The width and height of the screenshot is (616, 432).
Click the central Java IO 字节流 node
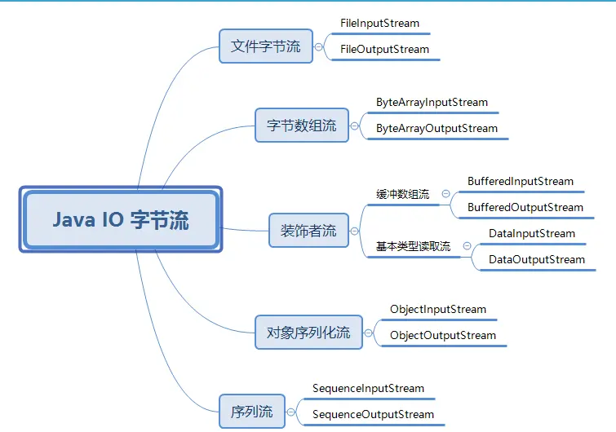(121, 220)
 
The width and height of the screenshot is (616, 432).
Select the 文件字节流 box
(265, 46)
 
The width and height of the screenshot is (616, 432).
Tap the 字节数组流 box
(301, 126)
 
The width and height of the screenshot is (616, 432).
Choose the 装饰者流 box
(308, 231)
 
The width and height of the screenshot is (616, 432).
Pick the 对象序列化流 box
(308, 332)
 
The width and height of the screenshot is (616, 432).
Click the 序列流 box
(252, 412)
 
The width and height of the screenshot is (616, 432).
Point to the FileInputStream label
(379, 23)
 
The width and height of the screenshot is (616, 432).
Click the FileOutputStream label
(384, 49)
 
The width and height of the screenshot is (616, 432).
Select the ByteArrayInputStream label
(432, 102)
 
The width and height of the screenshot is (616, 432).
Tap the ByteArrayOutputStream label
(437, 128)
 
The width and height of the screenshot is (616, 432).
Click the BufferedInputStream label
(521, 181)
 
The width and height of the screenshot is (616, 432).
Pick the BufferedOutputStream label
(525, 207)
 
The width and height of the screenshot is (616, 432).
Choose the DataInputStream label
(532, 233)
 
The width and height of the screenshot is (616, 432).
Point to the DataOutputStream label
(537, 259)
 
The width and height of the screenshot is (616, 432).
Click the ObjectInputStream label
(438, 309)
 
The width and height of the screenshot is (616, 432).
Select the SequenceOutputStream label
(374, 414)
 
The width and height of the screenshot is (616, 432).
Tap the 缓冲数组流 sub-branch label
(403, 194)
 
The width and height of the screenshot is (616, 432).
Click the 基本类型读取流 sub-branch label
(413, 246)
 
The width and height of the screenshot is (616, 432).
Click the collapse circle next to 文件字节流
(318, 46)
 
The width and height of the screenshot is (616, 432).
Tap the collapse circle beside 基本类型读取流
(467, 245)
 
